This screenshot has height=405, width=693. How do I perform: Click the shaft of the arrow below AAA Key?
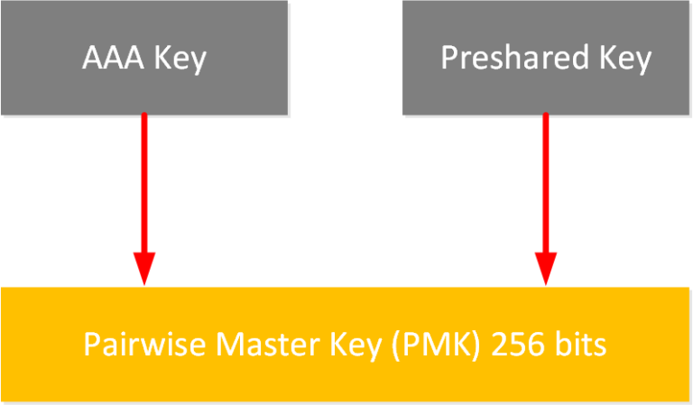coord(144,180)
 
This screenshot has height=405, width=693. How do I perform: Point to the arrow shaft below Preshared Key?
coord(546,180)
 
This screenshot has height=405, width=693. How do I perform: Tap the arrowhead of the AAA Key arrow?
coord(144,269)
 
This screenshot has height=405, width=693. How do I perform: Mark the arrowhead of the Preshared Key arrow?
coord(546,269)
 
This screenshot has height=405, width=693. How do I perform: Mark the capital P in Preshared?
coord(448,59)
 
